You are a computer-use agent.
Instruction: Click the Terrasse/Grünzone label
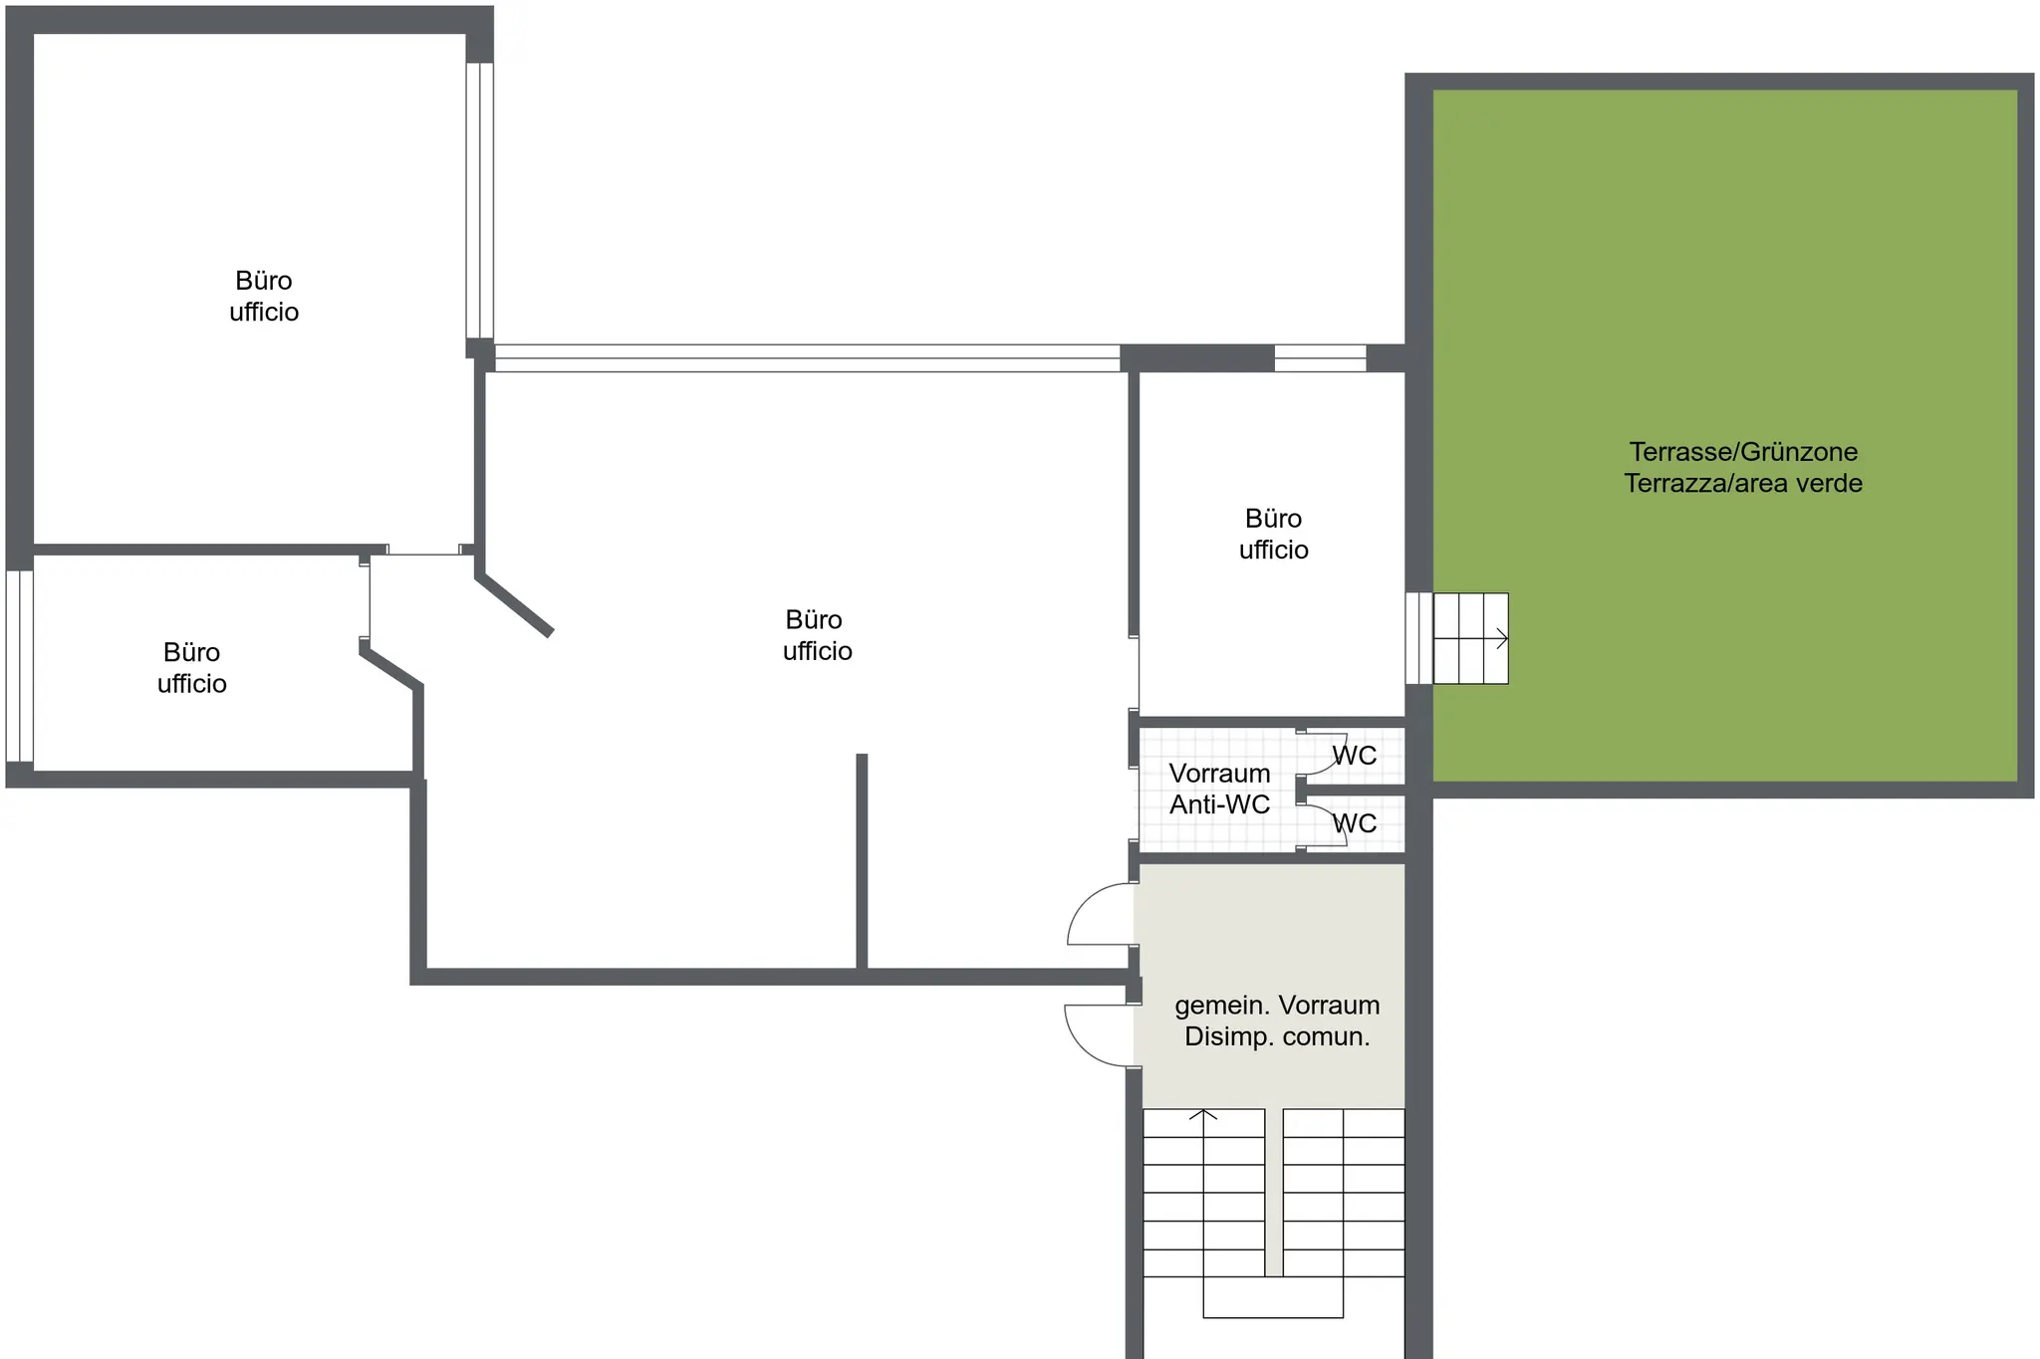tap(1743, 452)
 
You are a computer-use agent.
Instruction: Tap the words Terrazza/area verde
tap(1743, 484)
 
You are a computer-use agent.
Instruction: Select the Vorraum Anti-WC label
tap(1219, 789)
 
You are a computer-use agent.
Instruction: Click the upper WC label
tap(1355, 756)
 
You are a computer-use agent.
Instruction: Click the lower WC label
tap(1355, 823)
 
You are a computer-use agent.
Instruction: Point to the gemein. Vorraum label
tap(1277, 1005)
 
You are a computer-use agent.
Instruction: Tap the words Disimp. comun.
tap(1277, 1036)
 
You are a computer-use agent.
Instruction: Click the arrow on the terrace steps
tap(1470, 639)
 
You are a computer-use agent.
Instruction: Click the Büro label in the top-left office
tap(264, 281)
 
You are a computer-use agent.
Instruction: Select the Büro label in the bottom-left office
tap(191, 652)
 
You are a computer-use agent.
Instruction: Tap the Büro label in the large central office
tap(814, 619)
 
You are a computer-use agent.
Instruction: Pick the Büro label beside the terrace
tap(1273, 518)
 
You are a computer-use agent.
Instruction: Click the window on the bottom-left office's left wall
tap(19, 666)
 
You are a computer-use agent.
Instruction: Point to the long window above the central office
tap(807, 358)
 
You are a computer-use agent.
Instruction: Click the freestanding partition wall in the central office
tap(862, 861)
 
